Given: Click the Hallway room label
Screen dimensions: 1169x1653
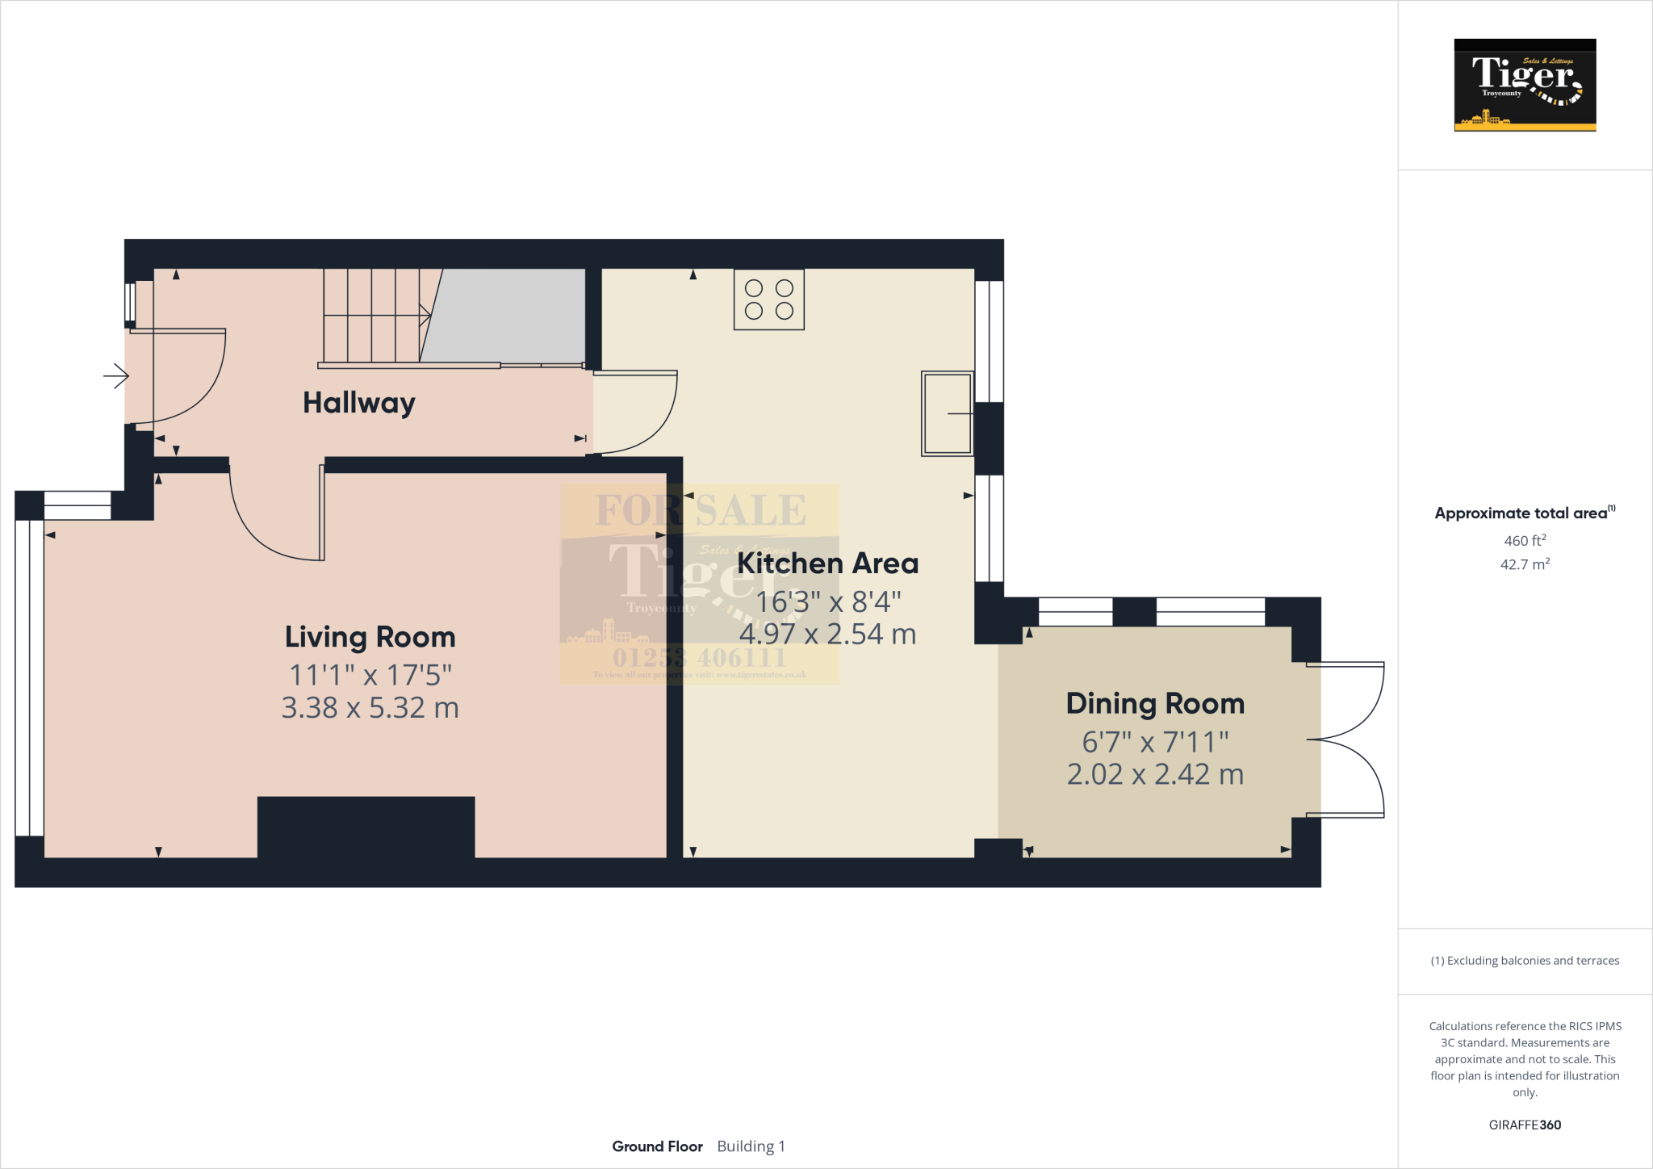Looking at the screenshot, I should [x=358, y=402].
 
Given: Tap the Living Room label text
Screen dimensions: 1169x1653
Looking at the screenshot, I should [x=370, y=637].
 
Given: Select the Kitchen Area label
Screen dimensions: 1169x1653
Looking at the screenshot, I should [x=827, y=563].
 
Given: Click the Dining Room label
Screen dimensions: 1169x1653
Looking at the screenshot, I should [x=1155, y=703].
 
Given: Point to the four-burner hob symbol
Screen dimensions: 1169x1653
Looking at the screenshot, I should [x=768, y=300].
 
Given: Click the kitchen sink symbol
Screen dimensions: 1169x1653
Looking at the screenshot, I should [x=948, y=413].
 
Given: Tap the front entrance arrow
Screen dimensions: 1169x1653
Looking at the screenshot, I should [x=116, y=375].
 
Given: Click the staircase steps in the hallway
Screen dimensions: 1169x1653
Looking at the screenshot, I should [x=371, y=316].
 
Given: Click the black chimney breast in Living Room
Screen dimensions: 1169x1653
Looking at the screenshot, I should [x=366, y=827].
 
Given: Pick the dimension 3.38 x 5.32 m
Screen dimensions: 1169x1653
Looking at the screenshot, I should [x=370, y=708].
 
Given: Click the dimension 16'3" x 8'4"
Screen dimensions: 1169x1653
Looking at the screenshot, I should [x=827, y=601].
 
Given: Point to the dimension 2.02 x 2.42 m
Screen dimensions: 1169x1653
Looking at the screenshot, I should [x=1155, y=774].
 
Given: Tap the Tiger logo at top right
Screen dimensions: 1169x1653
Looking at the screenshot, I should [x=1525, y=85].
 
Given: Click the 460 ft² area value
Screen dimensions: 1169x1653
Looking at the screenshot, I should [x=1525, y=540].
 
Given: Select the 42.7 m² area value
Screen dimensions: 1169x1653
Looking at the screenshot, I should [x=1525, y=564].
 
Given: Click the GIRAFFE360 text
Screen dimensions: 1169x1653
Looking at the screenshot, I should [x=1525, y=1125].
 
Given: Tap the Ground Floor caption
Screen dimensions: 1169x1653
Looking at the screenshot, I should [x=657, y=1146].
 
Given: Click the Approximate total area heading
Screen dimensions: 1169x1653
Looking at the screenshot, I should [x=1522, y=513].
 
